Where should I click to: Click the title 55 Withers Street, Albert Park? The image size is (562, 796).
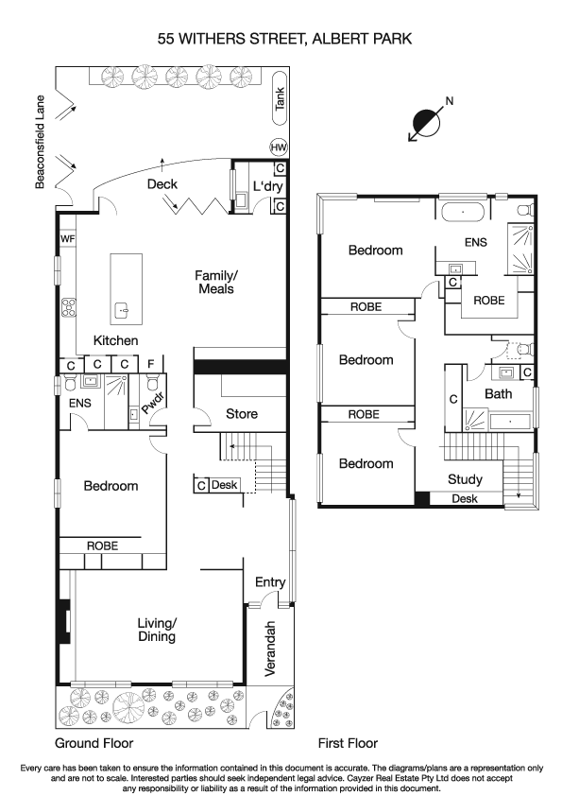point(281,39)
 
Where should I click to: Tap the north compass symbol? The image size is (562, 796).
point(428,123)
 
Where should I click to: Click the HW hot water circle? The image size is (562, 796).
point(279,147)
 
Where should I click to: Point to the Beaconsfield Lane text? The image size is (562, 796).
point(43,141)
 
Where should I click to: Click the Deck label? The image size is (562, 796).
point(162,184)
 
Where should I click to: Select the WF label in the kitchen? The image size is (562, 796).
point(67,239)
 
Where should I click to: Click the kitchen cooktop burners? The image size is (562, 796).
point(68,307)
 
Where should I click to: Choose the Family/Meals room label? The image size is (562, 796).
point(216,282)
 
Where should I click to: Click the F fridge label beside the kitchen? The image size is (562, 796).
point(150,364)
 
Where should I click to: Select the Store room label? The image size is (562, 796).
point(241,414)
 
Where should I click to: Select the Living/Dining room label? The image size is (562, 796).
point(156,630)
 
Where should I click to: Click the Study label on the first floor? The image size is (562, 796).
point(465,478)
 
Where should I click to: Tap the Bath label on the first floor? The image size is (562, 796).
point(498,393)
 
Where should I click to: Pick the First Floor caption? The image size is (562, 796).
point(348,743)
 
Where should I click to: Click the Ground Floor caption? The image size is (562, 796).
point(94,743)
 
